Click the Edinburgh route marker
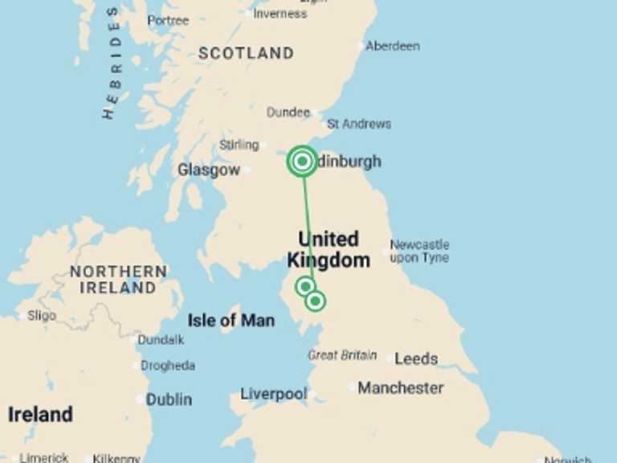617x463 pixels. point(302,162)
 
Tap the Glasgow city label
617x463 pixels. point(208,170)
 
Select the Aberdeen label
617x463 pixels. point(392,47)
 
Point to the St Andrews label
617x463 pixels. point(359,124)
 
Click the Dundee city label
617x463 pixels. point(288,113)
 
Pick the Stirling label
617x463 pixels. point(239,145)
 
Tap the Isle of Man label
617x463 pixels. point(231,321)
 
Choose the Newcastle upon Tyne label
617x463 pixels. point(419,251)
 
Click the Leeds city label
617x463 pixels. point(416,359)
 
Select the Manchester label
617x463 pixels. point(400,388)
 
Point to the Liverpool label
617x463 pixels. point(274,395)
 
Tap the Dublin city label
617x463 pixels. point(169,399)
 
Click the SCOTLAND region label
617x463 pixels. point(246,54)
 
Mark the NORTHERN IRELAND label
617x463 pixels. point(118,279)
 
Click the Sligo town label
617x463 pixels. point(42,316)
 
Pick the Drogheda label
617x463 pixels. point(168,366)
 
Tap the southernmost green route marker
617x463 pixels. point(316,301)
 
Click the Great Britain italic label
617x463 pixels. point(342,355)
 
